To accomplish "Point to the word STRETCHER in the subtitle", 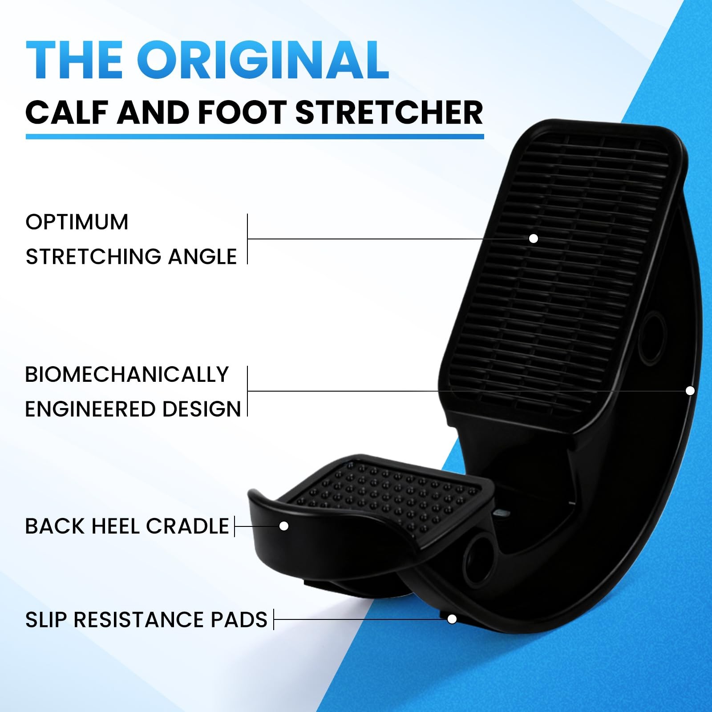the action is point(389,113).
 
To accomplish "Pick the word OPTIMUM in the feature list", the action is point(77,222).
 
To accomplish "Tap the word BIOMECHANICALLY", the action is point(127,375).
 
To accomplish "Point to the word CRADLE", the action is point(187,526).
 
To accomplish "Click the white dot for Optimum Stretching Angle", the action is point(534,239).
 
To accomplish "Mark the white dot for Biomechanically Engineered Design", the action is point(690,391).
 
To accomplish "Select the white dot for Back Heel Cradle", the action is point(284,526).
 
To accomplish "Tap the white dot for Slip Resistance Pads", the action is point(452,619).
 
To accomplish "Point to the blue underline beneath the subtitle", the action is point(255,136).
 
